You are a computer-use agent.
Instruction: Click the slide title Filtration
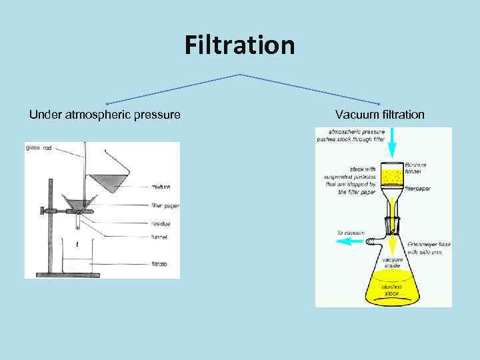(239, 46)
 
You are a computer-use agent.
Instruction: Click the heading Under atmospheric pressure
(105, 115)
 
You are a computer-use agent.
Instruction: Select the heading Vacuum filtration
(379, 115)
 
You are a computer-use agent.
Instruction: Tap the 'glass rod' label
(38, 148)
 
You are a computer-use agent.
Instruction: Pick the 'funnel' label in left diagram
(159, 237)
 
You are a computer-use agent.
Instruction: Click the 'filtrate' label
(159, 264)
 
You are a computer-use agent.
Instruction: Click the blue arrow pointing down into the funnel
(393, 143)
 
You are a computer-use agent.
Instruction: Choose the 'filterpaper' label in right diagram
(417, 189)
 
